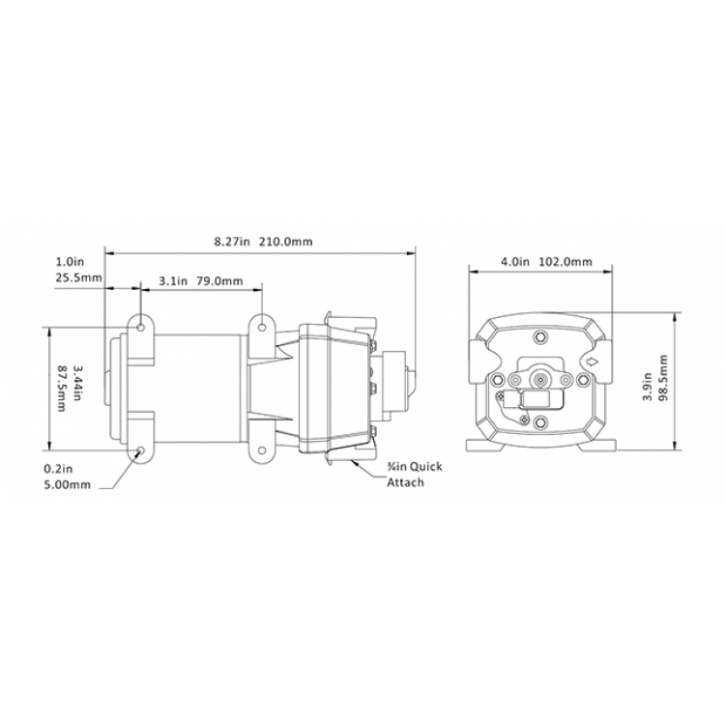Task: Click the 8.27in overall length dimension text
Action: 231,242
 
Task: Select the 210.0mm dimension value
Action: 285,242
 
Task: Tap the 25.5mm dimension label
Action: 78,277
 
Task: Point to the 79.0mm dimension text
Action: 219,281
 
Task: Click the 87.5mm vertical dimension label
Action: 62,389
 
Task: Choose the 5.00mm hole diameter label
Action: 67,484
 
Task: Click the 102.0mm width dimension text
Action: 566,262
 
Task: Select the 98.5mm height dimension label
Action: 662,378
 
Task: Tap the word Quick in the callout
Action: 426,467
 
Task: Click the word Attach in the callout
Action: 405,482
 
